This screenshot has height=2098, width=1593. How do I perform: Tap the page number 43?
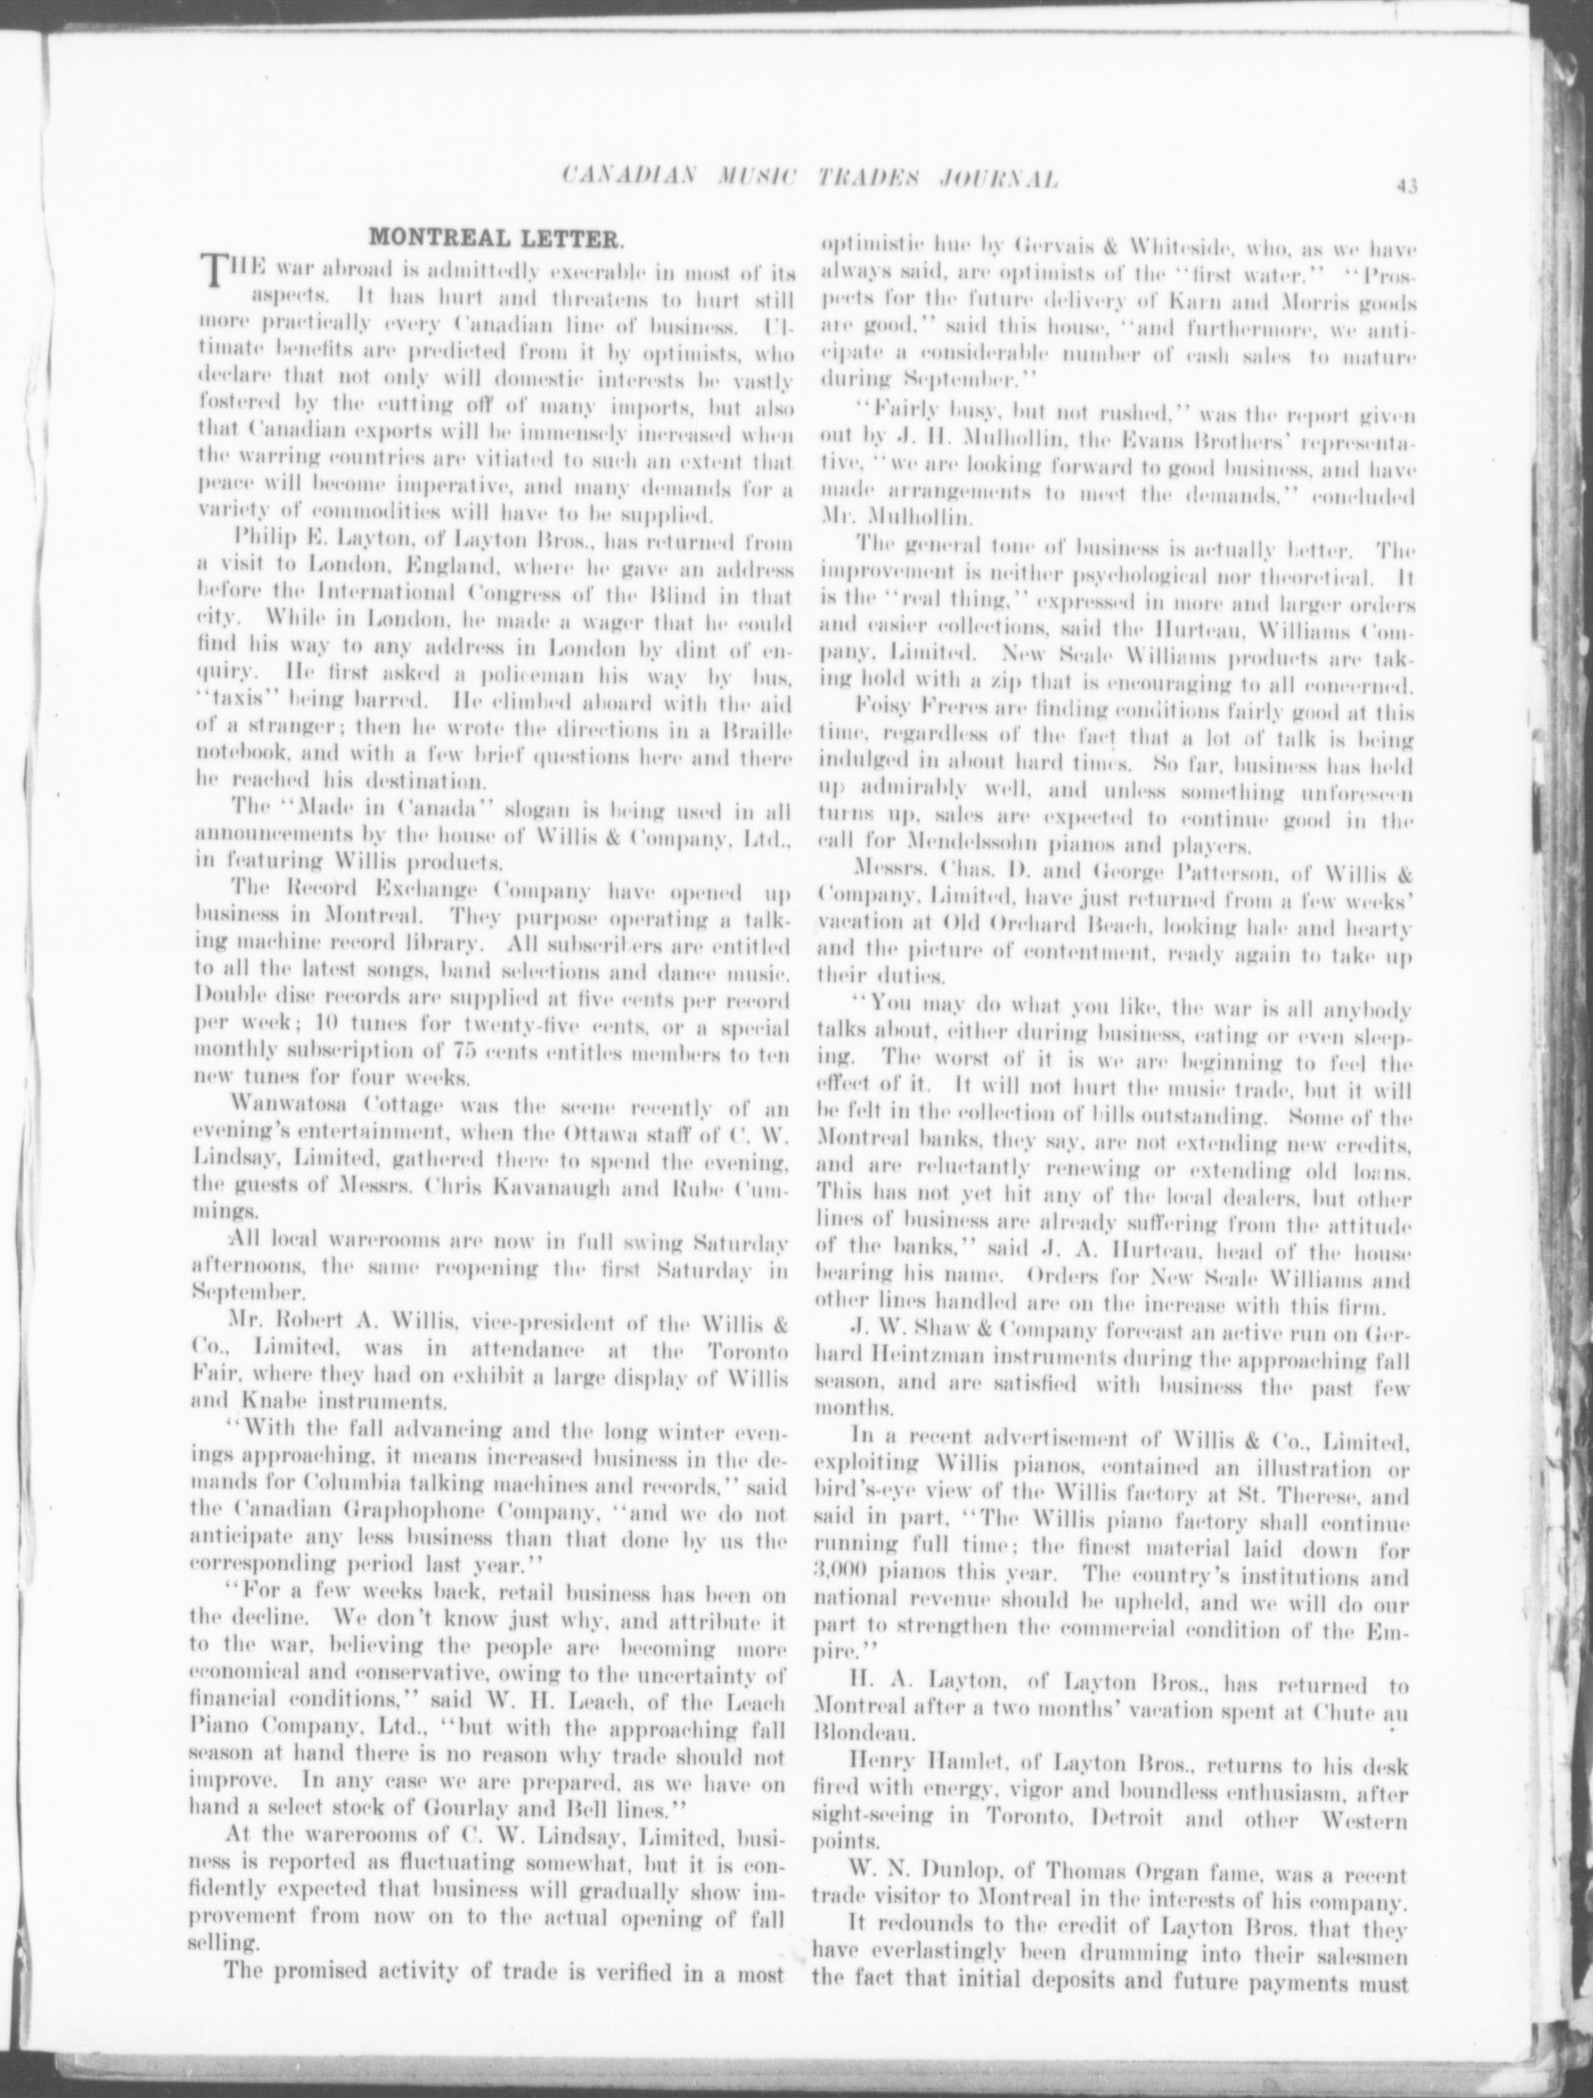coord(1406,187)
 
